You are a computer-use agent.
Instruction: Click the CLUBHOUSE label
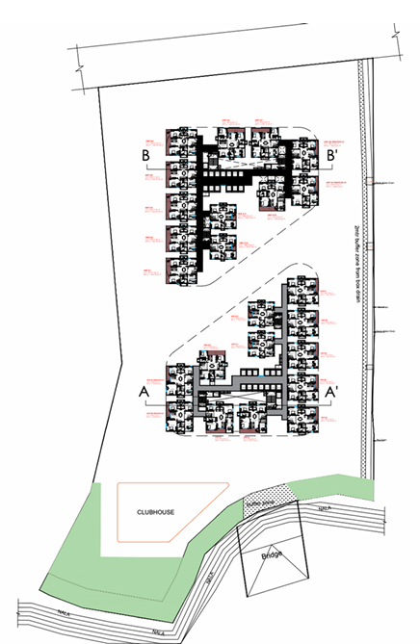click(155, 512)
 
